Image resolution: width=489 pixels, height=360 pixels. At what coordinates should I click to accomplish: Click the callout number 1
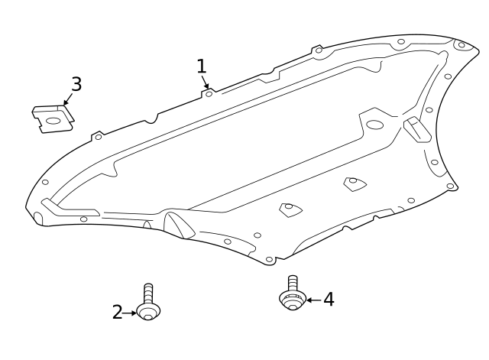(x=201, y=66)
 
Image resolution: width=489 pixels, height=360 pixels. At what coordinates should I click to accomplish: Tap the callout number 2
(x=117, y=312)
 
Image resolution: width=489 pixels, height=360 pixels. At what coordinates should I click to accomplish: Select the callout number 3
(x=76, y=84)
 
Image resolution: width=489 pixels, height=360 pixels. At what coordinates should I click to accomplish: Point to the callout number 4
(x=329, y=300)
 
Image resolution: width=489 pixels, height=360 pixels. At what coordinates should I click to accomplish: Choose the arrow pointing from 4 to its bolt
(x=313, y=300)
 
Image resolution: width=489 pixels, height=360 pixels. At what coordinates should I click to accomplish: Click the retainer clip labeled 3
(x=52, y=118)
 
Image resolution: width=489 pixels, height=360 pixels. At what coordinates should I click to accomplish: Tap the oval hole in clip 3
(x=53, y=120)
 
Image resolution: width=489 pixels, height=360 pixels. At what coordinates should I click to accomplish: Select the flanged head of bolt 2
(x=148, y=311)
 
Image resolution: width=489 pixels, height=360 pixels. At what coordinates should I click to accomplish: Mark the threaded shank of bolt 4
(x=292, y=282)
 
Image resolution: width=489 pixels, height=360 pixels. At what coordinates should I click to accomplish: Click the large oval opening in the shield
(x=375, y=125)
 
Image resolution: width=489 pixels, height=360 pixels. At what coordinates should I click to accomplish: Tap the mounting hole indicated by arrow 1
(x=209, y=94)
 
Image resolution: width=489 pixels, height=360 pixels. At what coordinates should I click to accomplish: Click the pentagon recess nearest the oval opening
(x=354, y=183)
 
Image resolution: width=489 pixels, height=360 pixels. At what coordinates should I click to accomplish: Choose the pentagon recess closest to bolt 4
(x=290, y=209)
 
